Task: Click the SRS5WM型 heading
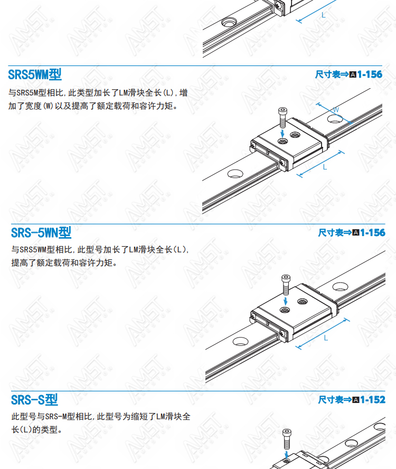click(35, 74)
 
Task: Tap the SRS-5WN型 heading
click(41, 233)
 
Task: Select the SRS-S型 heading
click(34, 400)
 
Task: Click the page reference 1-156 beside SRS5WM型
click(370, 74)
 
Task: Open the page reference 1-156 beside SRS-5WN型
click(373, 232)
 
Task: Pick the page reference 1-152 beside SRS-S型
click(373, 399)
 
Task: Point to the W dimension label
click(336, 110)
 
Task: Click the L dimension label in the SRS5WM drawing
click(325, 167)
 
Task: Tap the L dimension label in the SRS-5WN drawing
click(326, 338)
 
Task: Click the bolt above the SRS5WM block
click(282, 118)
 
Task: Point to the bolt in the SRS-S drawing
click(287, 439)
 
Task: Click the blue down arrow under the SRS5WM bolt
click(282, 134)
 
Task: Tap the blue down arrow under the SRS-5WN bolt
click(286, 301)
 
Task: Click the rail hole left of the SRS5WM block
click(235, 174)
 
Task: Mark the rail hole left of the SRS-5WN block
click(240, 341)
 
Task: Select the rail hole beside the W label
click(335, 119)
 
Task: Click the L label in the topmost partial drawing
click(323, 15)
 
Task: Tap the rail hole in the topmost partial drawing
click(229, 22)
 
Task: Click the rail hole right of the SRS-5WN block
click(341, 287)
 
